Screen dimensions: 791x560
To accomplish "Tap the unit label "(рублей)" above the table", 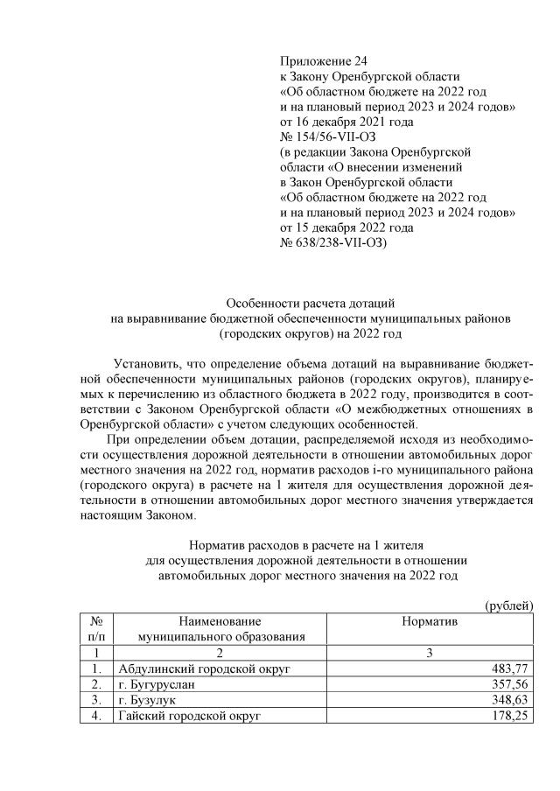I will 509,605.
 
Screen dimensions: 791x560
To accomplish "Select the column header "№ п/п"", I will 97,628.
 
